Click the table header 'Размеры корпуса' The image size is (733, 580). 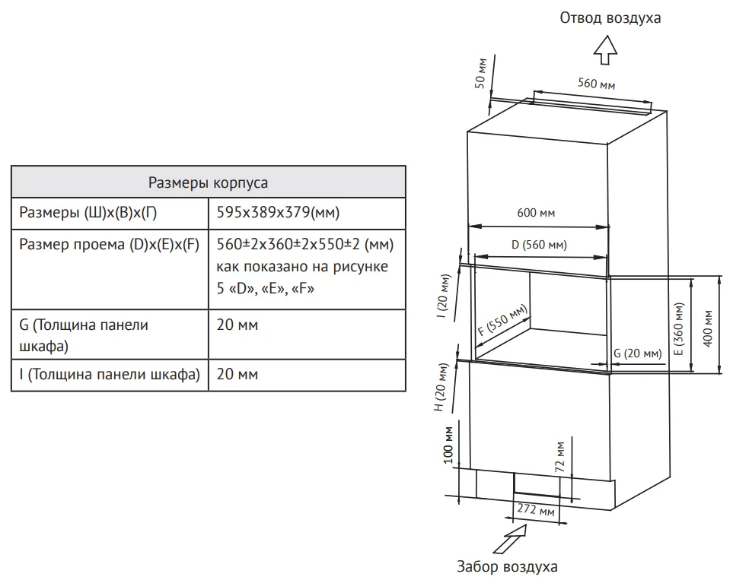[208, 182]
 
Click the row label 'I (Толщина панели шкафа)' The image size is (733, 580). [107, 374]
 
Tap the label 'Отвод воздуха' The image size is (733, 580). [610, 17]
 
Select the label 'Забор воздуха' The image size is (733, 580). [507, 567]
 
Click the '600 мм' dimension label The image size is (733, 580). [537, 213]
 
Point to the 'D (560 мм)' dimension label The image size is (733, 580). [538, 245]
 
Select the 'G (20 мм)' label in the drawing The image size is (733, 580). [638, 353]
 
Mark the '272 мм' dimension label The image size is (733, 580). [536, 509]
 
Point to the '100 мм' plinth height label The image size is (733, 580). [448, 445]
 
